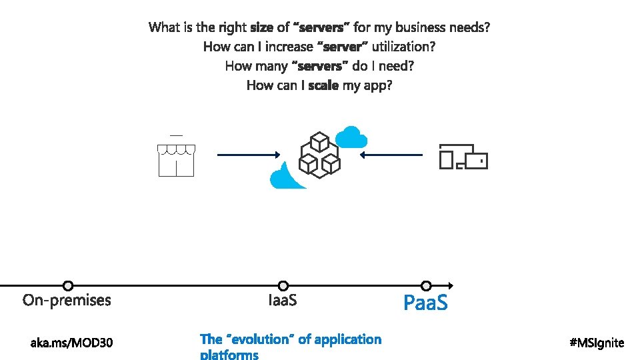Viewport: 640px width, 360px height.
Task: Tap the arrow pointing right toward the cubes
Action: pyautogui.click(x=249, y=155)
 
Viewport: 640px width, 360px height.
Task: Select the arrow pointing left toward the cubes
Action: pyautogui.click(x=391, y=155)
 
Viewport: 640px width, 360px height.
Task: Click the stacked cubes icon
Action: pyautogui.click(x=319, y=155)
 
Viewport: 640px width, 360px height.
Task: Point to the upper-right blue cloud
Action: pyautogui.click(x=351, y=138)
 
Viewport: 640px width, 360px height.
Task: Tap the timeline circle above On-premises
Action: pyautogui.click(x=67, y=286)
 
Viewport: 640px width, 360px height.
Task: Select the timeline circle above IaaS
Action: pyautogui.click(x=283, y=286)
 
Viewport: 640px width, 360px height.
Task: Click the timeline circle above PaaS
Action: pyautogui.click(x=427, y=286)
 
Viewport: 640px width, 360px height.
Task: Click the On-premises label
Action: pyautogui.click(x=67, y=301)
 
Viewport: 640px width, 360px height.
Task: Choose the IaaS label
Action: pyautogui.click(x=283, y=301)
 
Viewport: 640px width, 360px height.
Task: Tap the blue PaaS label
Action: pyautogui.click(x=426, y=303)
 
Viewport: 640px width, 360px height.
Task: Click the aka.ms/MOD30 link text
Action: pyautogui.click(x=72, y=343)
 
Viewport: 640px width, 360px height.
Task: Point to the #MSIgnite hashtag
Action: pyautogui.click(x=597, y=343)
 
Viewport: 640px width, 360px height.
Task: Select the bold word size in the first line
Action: pyautogui.click(x=262, y=27)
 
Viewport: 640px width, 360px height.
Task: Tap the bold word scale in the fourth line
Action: pyautogui.click(x=323, y=85)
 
